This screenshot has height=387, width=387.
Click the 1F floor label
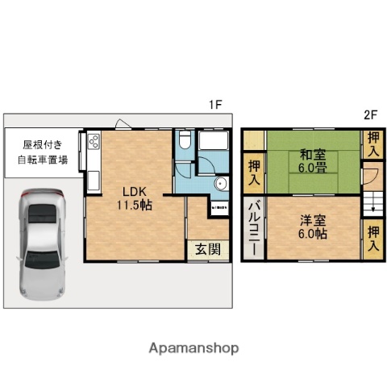(x=214, y=104)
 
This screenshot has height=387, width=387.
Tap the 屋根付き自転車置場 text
(x=43, y=152)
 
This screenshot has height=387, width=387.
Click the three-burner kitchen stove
(x=94, y=143)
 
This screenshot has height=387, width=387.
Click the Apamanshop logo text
(x=193, y=348)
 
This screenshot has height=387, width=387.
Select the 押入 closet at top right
(x=372, y=145)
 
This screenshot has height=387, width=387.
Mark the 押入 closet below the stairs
(x=372, y=239)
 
